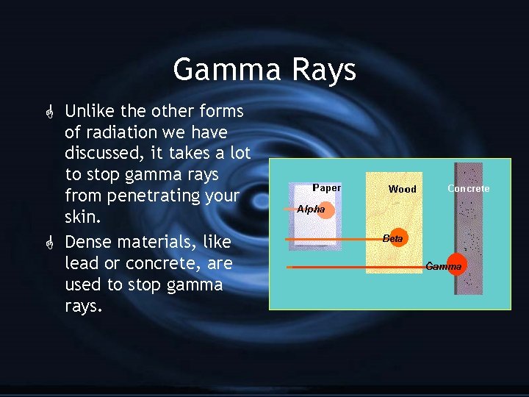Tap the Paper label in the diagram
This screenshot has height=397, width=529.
point(326,187)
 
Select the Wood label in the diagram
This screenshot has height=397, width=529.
point(402,189)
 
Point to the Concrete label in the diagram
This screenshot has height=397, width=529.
point(468,189)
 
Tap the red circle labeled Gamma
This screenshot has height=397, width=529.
point(446,266)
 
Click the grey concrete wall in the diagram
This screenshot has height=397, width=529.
point(467,243)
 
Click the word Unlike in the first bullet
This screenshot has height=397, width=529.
point(87,111)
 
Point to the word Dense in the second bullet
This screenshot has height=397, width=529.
point(87,242)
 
